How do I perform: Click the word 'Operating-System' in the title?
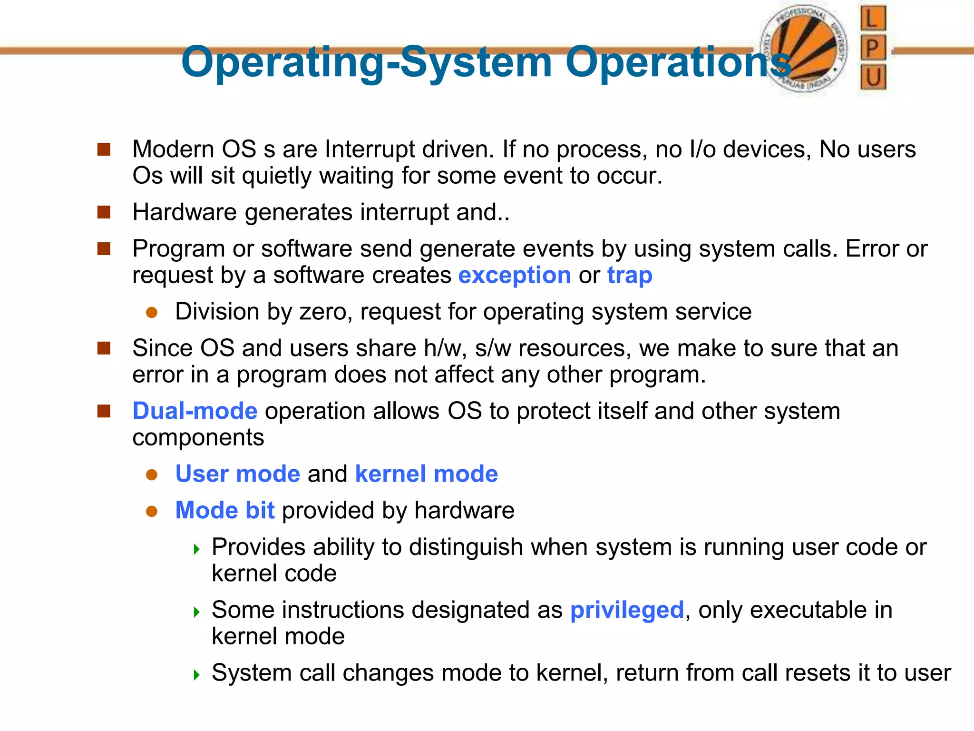pyautogui.click(x=366, y=62)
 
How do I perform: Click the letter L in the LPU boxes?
pyautogui.click(x=873, y=19)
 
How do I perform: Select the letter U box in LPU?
pyautogui.click(x=873, y=77)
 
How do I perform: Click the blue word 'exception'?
pyautogui.click(x=515, y=276)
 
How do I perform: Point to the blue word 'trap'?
pyautogui.click(x=630, y=276)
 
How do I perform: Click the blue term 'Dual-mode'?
pyautogui.click(x=195, y=411)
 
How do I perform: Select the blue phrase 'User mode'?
pyautogui.click(x=238, y=474)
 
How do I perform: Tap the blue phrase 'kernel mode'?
pyautogui.click(x=426, y=474)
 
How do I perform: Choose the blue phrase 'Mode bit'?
pyautogui.click(x=225, y=511)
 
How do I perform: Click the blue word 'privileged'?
pyautogui.click(x=627, y=610)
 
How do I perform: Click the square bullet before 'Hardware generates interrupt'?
pyautogui.click(x=104, y=212)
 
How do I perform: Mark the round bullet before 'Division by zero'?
pyautogui.click(x=152, y=313)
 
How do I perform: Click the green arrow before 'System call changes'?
pyautogui.click(x=197, y=674)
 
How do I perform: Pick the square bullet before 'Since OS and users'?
pyautogui.click(x=104, y=348)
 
